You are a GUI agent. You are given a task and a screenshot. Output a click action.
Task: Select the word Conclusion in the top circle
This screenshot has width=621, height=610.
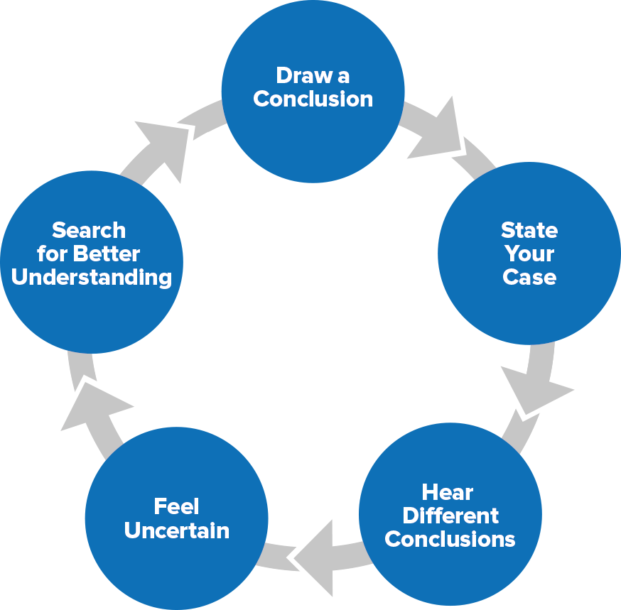(313, 99)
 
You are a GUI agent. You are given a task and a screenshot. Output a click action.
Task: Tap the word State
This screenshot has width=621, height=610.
(529, 230)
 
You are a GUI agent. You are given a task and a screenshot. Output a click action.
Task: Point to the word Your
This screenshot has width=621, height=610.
(529, 254)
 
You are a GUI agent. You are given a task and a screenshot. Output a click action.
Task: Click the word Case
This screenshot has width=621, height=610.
(529, 277)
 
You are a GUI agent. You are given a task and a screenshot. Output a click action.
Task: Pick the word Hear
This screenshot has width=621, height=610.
(447, 492)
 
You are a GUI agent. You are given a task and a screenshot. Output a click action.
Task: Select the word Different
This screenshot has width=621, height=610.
(450, 516)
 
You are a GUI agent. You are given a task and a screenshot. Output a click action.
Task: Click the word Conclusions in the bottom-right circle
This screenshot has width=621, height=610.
(450, 539)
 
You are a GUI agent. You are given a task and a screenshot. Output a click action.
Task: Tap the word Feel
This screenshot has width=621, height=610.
(176, 506)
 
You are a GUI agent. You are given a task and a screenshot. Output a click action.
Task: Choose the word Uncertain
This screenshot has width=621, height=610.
(176, 530)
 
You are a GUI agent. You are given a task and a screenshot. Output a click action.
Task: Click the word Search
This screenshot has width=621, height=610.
(89, 230)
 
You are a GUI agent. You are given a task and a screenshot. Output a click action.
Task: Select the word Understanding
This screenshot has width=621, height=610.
(92, 277)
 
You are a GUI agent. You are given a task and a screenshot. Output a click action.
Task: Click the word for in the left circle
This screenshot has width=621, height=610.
(51, 254)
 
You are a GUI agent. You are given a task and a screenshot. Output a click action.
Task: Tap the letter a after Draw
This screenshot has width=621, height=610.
(344, 76)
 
